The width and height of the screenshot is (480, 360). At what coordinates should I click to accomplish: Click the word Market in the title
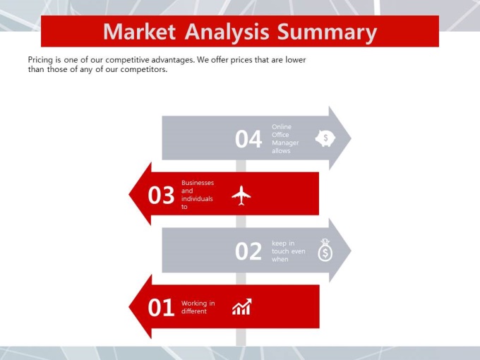point(139,32)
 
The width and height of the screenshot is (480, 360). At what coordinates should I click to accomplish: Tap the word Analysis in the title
point(227,32)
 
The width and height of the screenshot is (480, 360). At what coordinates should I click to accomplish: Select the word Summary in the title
point(327,32)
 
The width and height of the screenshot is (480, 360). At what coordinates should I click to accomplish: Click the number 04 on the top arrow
point(248,139)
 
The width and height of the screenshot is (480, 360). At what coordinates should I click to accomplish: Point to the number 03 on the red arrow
point(161,195)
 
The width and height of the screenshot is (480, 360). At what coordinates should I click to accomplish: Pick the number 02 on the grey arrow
point(248,251)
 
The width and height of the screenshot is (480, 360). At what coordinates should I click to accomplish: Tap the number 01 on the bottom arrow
point(161,307)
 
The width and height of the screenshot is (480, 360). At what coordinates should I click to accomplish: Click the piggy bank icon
point(325,138)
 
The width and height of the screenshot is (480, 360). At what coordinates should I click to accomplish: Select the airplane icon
point(241,196)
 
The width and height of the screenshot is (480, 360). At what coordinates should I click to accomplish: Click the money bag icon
point(325,250)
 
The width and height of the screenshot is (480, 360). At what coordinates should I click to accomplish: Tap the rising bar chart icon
point(242,307)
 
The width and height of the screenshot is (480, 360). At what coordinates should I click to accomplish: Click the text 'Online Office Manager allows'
point(285,138)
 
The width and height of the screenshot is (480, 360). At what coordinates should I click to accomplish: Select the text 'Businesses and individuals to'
point(198,195)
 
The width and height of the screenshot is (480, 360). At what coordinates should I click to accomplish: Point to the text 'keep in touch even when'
point(289,251)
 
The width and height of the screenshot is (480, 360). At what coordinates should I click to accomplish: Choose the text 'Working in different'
point(198,307)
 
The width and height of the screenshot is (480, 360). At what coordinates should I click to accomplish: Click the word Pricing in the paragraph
point(40,60)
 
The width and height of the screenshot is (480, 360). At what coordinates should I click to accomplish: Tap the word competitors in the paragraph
point(144,69)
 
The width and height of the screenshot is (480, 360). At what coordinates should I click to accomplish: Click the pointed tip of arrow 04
point(351,138)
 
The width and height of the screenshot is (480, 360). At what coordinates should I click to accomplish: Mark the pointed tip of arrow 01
point(129,307)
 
